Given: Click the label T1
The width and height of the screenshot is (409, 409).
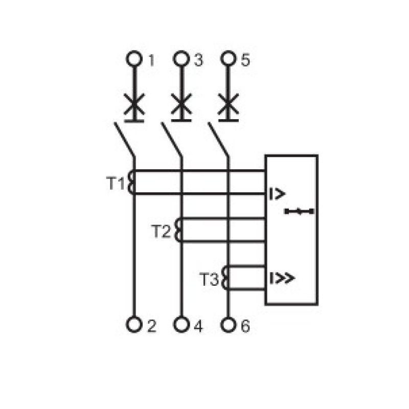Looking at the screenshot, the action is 116,183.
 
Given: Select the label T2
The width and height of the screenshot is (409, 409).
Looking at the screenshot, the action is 161,231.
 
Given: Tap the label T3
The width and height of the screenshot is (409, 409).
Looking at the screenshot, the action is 209,279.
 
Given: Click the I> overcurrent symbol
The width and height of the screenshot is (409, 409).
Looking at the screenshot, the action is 277,194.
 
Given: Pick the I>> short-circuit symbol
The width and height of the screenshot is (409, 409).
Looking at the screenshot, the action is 282,278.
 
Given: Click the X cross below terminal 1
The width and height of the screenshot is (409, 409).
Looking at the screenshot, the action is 134,104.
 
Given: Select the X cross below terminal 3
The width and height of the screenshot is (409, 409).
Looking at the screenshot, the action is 181,104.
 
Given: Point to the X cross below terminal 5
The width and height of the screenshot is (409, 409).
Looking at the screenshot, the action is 229,104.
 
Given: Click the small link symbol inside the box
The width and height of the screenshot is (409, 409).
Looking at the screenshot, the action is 299,211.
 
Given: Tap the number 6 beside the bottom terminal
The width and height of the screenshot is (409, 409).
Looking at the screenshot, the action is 245,326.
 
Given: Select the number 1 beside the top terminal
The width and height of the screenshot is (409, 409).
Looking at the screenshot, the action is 151,60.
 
